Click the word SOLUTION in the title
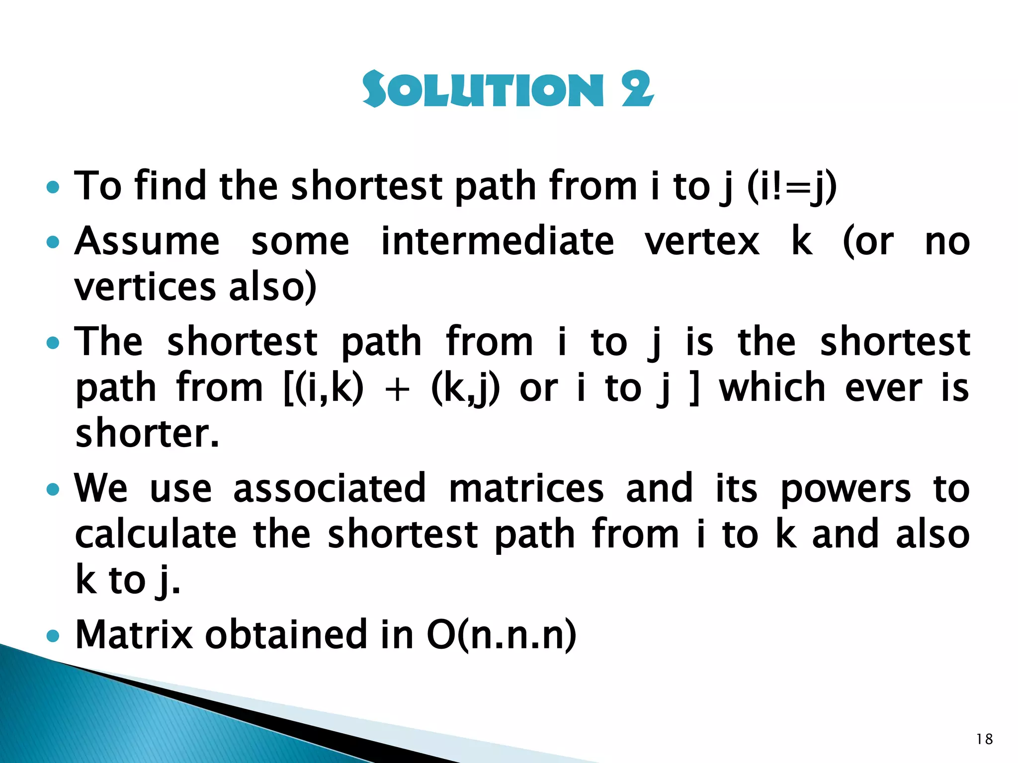[x=482, y=90]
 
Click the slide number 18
[x=984, y=739]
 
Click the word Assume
[x=147, y=242]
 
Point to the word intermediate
[x=498, y=242]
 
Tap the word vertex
[x=702, y=242]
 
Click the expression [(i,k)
[x=324, y=388]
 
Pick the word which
[x=772, y=388]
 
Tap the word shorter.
[x=147, y=434]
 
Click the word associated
[x=330, y=488]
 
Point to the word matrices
[x=526, y=488]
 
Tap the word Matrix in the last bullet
[x=134, y=634]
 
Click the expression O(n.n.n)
[x=501, y=635]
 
